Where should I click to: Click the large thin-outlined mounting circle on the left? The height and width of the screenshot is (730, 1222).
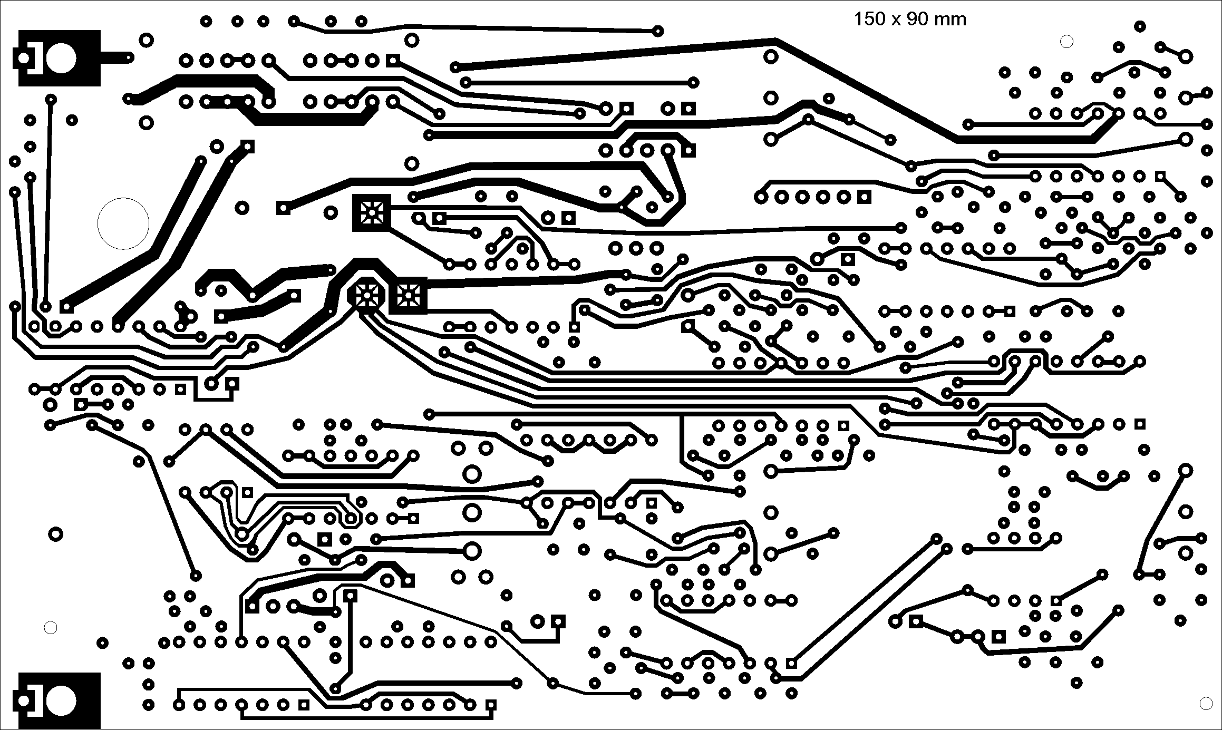click(123, 223)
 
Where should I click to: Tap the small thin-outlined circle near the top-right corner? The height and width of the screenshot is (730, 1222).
click(1066, 42)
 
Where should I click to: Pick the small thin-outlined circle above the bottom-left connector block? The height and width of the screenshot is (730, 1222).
click(51, 627)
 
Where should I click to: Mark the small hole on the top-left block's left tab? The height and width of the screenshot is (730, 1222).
click(23, 58)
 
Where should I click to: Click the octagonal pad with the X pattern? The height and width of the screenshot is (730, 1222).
click(365, 295)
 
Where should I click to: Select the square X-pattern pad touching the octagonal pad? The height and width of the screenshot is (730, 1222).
click(408, 295)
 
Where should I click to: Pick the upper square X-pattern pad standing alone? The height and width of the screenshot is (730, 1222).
click(372, 212)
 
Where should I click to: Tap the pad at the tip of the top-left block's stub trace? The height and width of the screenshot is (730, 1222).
click(128, 57)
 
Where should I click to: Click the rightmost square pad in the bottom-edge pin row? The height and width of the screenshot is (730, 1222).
click(491, 705)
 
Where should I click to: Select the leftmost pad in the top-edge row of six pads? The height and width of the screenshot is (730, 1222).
click(206, 22)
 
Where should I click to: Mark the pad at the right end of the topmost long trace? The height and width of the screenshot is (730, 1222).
click(657, 31)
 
